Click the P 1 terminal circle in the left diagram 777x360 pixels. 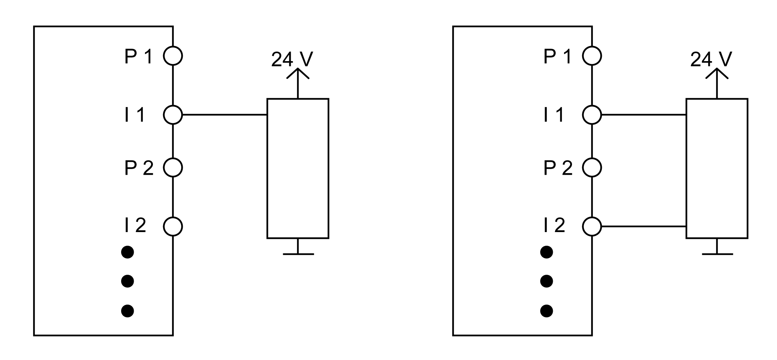[x=173, y=56]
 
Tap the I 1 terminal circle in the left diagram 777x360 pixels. [x=173, y=115]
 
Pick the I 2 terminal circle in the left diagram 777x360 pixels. [x=173, y=226]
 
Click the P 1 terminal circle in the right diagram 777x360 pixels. [x=592, y=56]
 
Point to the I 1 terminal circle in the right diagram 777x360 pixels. [x=592, y=115]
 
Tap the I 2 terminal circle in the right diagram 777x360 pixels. [x=592, y=226]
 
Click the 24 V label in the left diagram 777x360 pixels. [x=292, y=59]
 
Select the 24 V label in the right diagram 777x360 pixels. [x=711, y=59]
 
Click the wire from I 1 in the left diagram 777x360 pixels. [x=225, y=115]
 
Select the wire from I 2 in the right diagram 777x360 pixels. [x=644, y=226]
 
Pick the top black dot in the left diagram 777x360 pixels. [x=128, y=252]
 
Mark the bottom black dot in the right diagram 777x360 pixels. [x=547, y=311]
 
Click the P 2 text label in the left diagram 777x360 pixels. [x=139, y=168]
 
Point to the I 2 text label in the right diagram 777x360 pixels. [x=554, y=226]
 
